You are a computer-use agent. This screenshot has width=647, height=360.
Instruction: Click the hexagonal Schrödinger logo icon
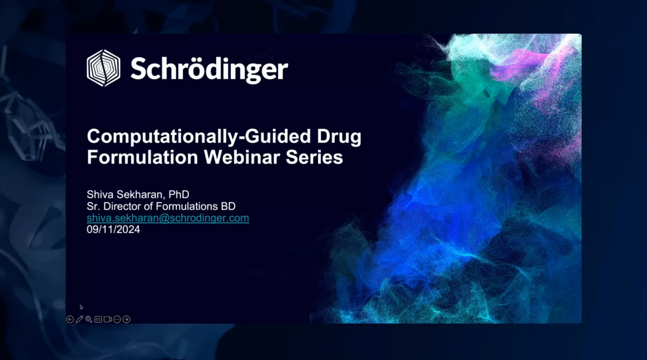coord(103,68)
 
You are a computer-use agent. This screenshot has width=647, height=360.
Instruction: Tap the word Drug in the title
coord(339,136)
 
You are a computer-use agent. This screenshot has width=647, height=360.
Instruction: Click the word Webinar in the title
coord(242,157)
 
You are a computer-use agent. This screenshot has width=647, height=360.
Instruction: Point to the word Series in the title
coord(314,157)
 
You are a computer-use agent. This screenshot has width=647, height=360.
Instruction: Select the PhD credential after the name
coord(179,194)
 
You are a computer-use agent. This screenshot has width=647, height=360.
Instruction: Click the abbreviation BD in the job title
coord(228,206)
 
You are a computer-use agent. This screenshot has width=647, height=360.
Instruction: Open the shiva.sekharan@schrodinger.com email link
coord(168,218)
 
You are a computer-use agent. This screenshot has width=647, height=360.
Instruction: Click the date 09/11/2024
coord(113,229)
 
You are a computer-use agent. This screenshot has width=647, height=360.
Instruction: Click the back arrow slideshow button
coord(70,319)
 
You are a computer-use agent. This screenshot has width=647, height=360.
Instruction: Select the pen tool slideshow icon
coord(80,319)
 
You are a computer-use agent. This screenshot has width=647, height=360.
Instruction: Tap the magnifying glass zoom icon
coord(89,319)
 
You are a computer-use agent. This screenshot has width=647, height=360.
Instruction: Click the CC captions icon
coord(98,319)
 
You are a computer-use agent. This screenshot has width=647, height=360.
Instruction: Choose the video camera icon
coord(108,319)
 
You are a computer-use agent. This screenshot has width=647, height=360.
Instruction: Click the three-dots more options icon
coord(117,319)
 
